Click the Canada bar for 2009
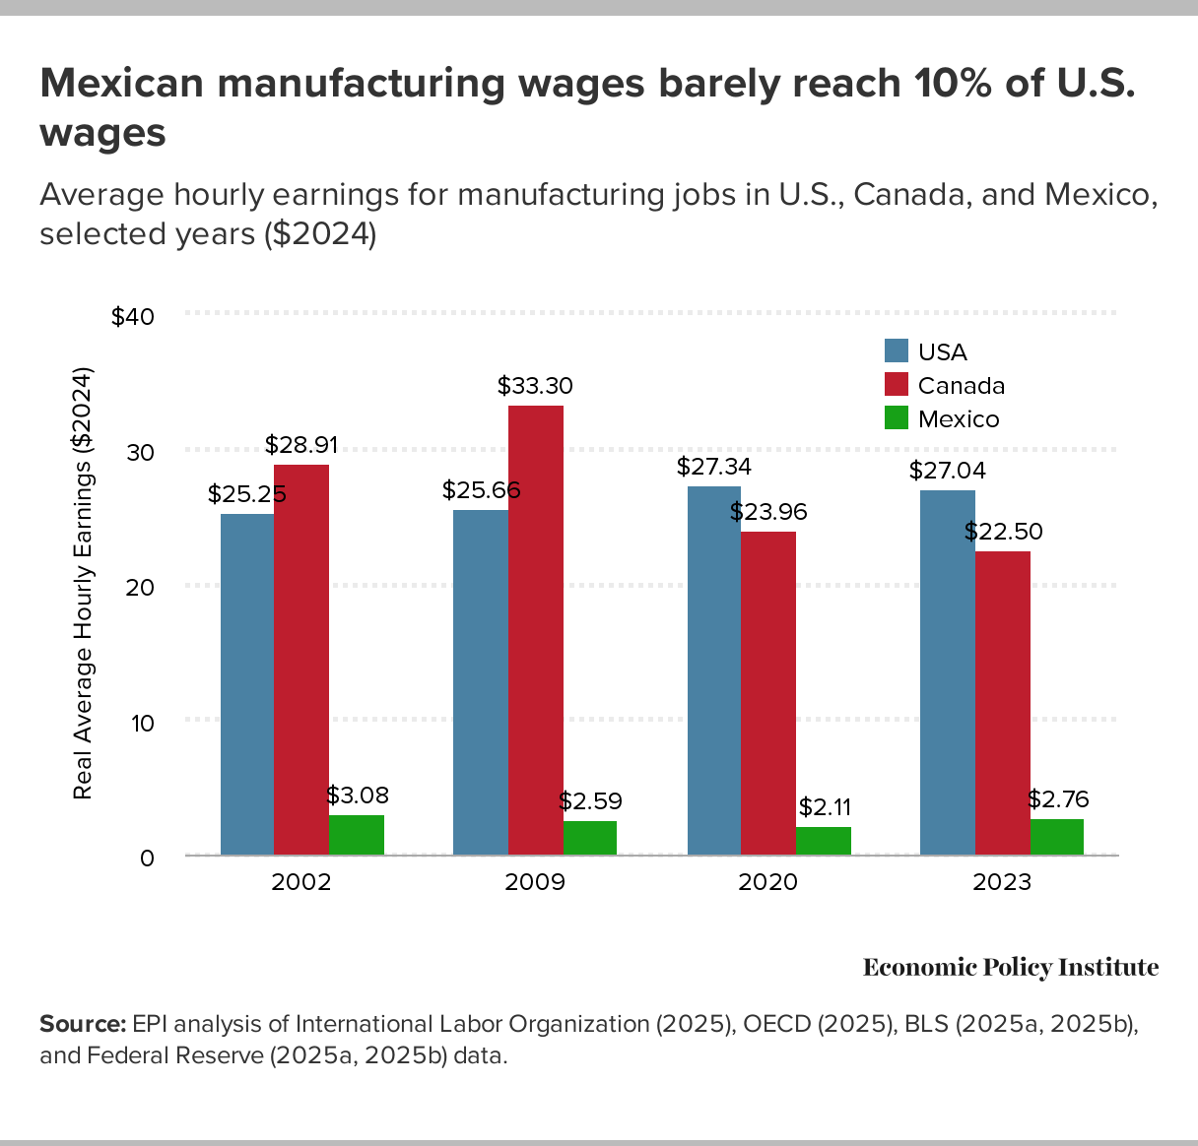point(536,630)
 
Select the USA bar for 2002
point(247,684)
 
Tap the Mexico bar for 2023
point(1057,837)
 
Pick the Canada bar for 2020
point(768,693)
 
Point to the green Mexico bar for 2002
point(357,835)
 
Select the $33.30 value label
point(535,386)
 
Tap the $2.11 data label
point(825,808)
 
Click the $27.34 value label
point(714,466)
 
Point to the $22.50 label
point(1003,532)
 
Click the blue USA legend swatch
point(897,351)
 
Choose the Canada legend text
point(961,386)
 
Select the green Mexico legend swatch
point(897,418)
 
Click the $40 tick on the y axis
point(133,316)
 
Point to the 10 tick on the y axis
point(142,723)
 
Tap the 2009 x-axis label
point(535,881)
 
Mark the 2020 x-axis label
point(768,881)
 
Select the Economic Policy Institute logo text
point(1011,968)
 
